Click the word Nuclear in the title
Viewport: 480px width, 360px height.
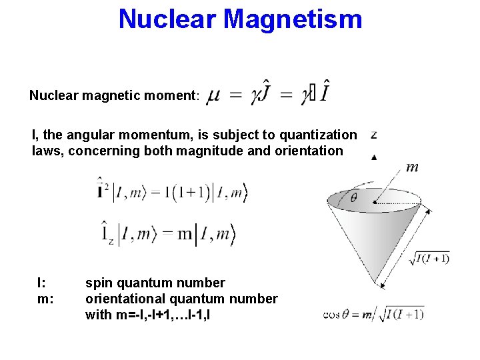[x=168, y=19]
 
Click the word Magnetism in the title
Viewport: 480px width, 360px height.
[x=293, y=19]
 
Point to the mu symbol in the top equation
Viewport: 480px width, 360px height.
[x=213, y=97]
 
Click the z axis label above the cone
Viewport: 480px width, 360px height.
[x=374, y=134]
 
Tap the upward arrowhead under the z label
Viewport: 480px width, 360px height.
[x=374, y=157]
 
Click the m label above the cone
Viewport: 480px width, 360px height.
[x=412, y=167]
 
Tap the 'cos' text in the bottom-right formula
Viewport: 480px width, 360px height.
[x=331, y=314]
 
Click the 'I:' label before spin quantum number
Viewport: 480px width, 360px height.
[x=42, y=283]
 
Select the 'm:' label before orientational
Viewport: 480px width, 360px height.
[x=45, y=299]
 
